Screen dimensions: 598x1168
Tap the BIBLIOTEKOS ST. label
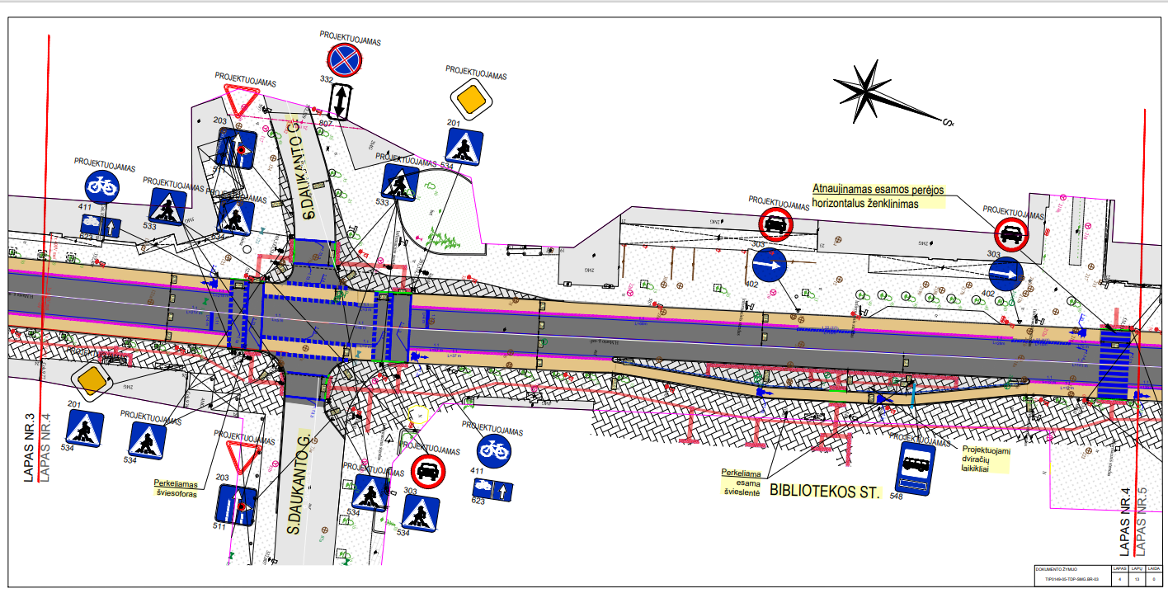(x=826, y=492)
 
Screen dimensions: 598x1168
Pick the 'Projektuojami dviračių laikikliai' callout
(x=986, y=460)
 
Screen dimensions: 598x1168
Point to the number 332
(x=327, y=79)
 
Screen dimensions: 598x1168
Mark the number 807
(x=325, y=124)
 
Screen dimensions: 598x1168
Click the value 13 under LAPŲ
(x=1137, y=579)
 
